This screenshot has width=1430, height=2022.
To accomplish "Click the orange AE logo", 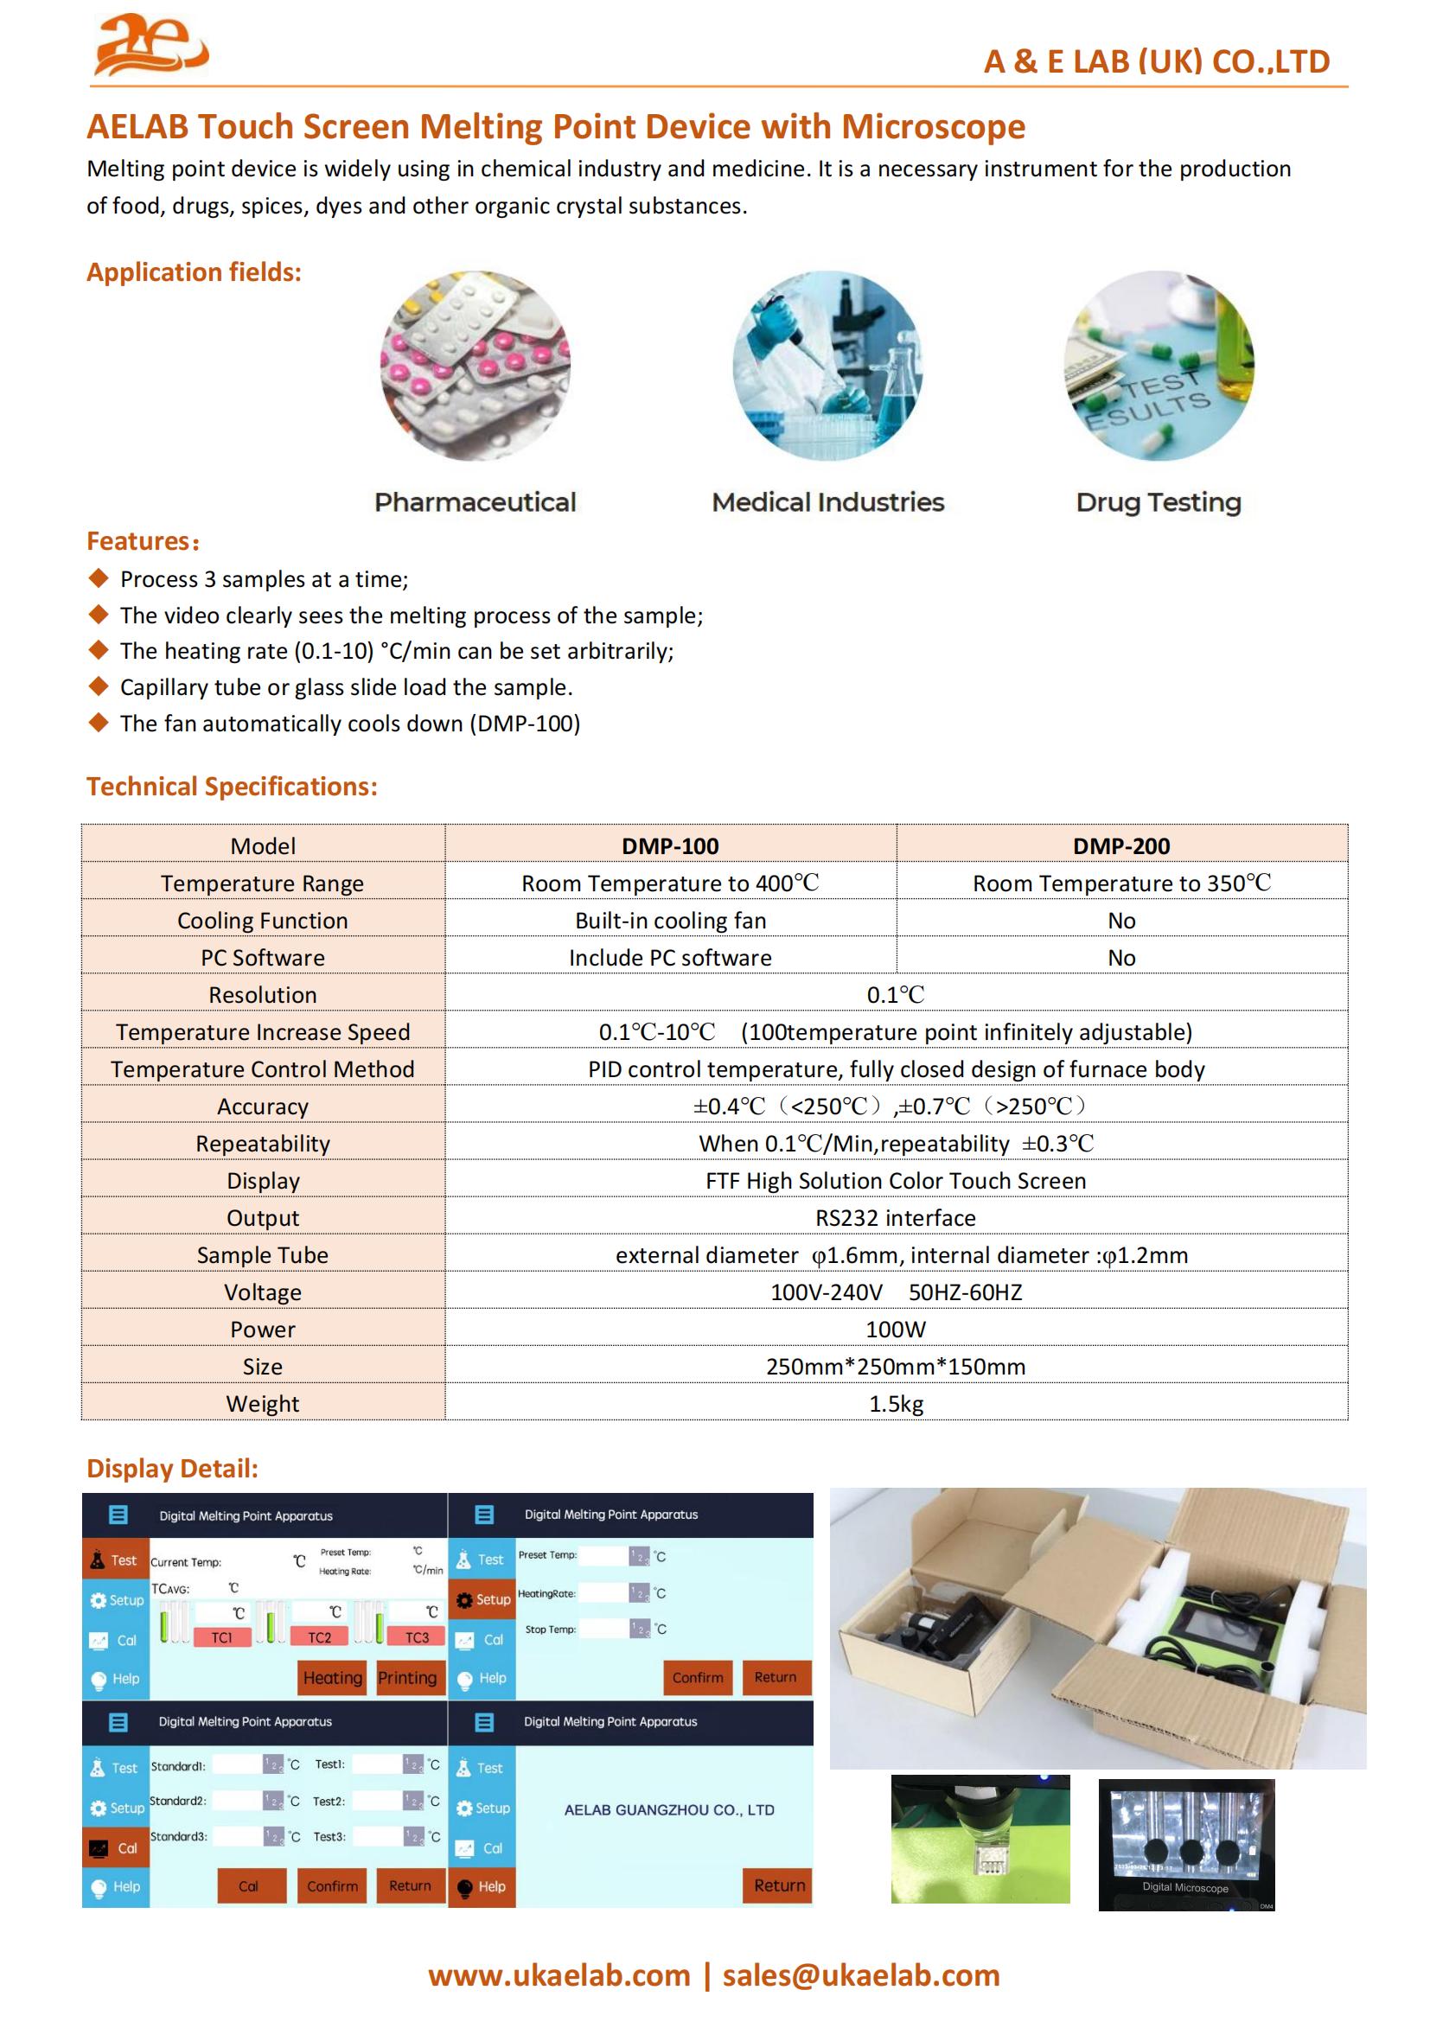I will click(x=150, y=45).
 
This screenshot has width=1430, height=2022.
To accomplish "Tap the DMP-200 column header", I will click(x=1121, y=845).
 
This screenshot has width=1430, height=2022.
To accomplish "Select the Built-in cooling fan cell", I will click(x=670, y=921).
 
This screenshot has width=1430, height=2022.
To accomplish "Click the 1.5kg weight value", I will click(x=896, y=1404).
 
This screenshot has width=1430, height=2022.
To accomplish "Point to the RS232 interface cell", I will click(x=896, y=1218).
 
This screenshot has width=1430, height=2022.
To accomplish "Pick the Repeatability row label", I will click(x=263, y=1144).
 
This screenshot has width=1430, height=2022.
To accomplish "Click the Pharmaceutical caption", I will click(x=475, y=502).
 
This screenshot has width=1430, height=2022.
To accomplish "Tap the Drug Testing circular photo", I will click(x=1159, y=366).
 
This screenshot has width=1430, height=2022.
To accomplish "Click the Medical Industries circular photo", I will click(x=827, y=366).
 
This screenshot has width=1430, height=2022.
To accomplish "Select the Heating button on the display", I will click(x=332, y=1678).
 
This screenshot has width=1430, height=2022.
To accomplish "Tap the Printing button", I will click(x=407, y=1678).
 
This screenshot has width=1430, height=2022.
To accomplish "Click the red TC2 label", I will click(x=320, y=1637).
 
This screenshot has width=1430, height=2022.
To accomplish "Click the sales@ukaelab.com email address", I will click(x=860, y=1974).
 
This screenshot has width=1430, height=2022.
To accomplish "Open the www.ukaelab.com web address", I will click(x=559, y=1974).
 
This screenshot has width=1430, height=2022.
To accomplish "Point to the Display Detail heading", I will click(x=173, y=1468).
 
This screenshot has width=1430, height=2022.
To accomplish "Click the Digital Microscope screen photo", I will click(x=1186, y=1844).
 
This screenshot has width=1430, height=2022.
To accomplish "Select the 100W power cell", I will click(x=896, y=1330).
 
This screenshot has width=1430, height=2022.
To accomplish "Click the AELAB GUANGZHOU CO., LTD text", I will click(x=669, y=1809).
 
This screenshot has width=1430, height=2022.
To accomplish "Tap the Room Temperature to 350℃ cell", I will click(x=1121, y=883).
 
